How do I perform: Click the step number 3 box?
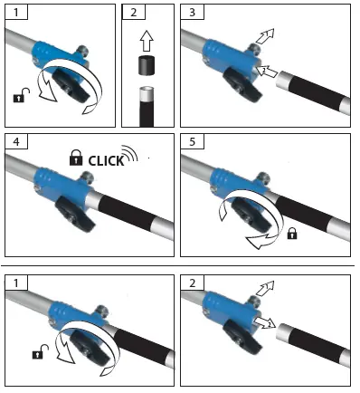tap(193, 14)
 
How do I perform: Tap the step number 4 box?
tap(15, 143)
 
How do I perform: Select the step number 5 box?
tap(193, 143)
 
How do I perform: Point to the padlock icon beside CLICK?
tap(76, 160)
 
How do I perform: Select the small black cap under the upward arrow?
tap(144, 65)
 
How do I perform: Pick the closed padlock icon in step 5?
tap(292, 234)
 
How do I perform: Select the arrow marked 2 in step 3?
tap(266, 71)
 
